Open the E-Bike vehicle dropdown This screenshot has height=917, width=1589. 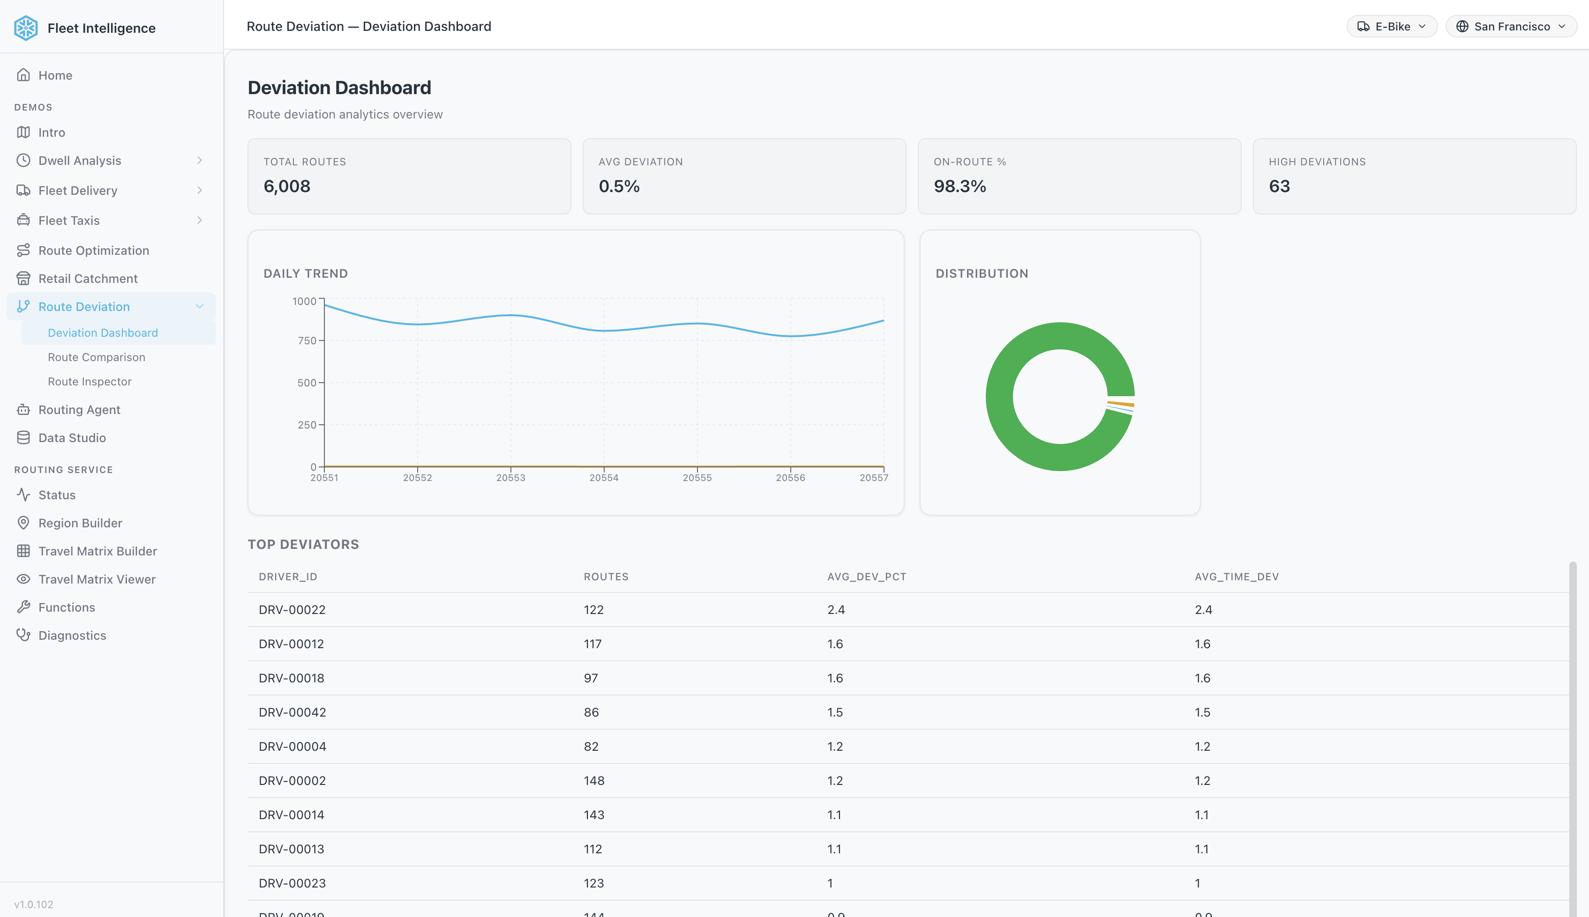click(x=1391, y=26)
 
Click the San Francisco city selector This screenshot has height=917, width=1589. click(x=1510, y=26)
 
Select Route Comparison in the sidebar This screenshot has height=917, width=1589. click(x=97, y=357)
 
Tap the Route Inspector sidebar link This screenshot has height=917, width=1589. click(x=90, y=382)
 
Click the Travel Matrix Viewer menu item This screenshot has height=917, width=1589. click(x=97, y=579)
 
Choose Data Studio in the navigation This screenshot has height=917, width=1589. click(x=72, y=438)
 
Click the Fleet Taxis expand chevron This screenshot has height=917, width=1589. click(x=199, y=221)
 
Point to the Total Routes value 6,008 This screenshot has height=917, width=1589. click(x=287, y=186)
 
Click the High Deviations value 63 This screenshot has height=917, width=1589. click(x=1279, y=186)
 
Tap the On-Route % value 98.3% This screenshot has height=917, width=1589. click(x=959, y=186)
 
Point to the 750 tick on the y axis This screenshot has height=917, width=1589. click(x=307, y=341)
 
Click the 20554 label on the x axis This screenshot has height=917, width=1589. click(x=603, y=478)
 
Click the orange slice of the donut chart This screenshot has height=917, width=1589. click(x=1121, y=404)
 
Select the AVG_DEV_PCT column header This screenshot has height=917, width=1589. click(x=866, y=577)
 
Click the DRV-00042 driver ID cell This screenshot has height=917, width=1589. click(x=292, y=712)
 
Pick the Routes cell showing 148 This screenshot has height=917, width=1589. click(x=594, y=781)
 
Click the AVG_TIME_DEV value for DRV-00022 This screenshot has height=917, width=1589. click(x=1203, y=610)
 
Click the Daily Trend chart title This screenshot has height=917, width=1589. click(x=305, y=274)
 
